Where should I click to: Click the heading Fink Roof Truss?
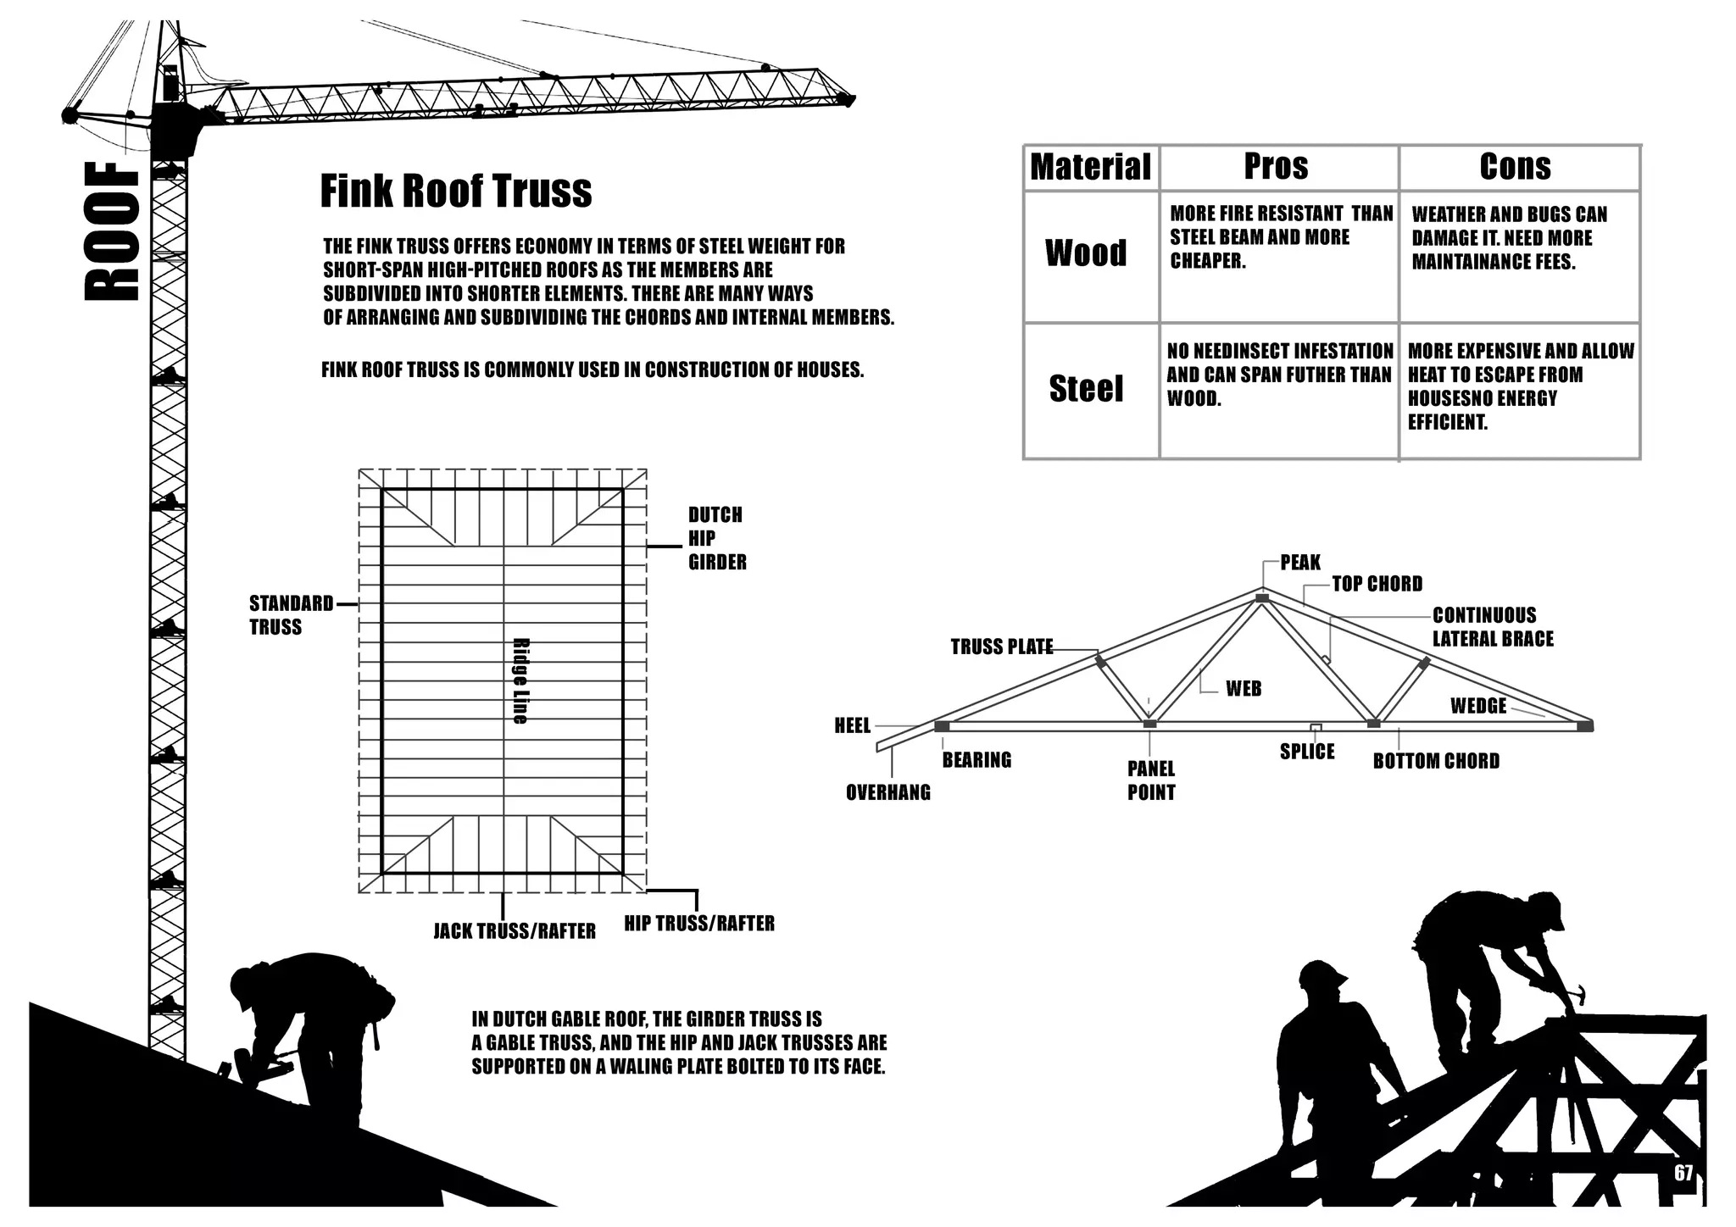click(x=455, y=192)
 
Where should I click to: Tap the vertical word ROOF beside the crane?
click(x=112, y=232)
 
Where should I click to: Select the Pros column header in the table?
click(x=1276, y=167)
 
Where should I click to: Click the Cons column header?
click(x=1515, y=167)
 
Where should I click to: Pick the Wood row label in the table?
click(x=1086, y=253)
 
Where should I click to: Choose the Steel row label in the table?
click(x=1086, y=389)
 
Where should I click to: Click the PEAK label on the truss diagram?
click(x=1300, y=563)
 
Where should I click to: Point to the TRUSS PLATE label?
click(x=1001, y=647)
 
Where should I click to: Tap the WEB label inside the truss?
click(x=1244, y=689)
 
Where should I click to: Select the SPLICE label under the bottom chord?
click(x=1307, y=752)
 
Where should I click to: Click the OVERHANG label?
click(x=887, y=793)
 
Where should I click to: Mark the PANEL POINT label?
click(x=1151, y=780)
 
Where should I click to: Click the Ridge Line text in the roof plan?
click(x=520, y=680)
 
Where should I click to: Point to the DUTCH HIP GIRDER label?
click(x=716, y=538)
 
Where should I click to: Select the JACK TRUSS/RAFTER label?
click(x=515, y=931)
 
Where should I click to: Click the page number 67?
click(x=1683, y=1173)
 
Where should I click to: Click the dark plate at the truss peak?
click(x=1261, y=598)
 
